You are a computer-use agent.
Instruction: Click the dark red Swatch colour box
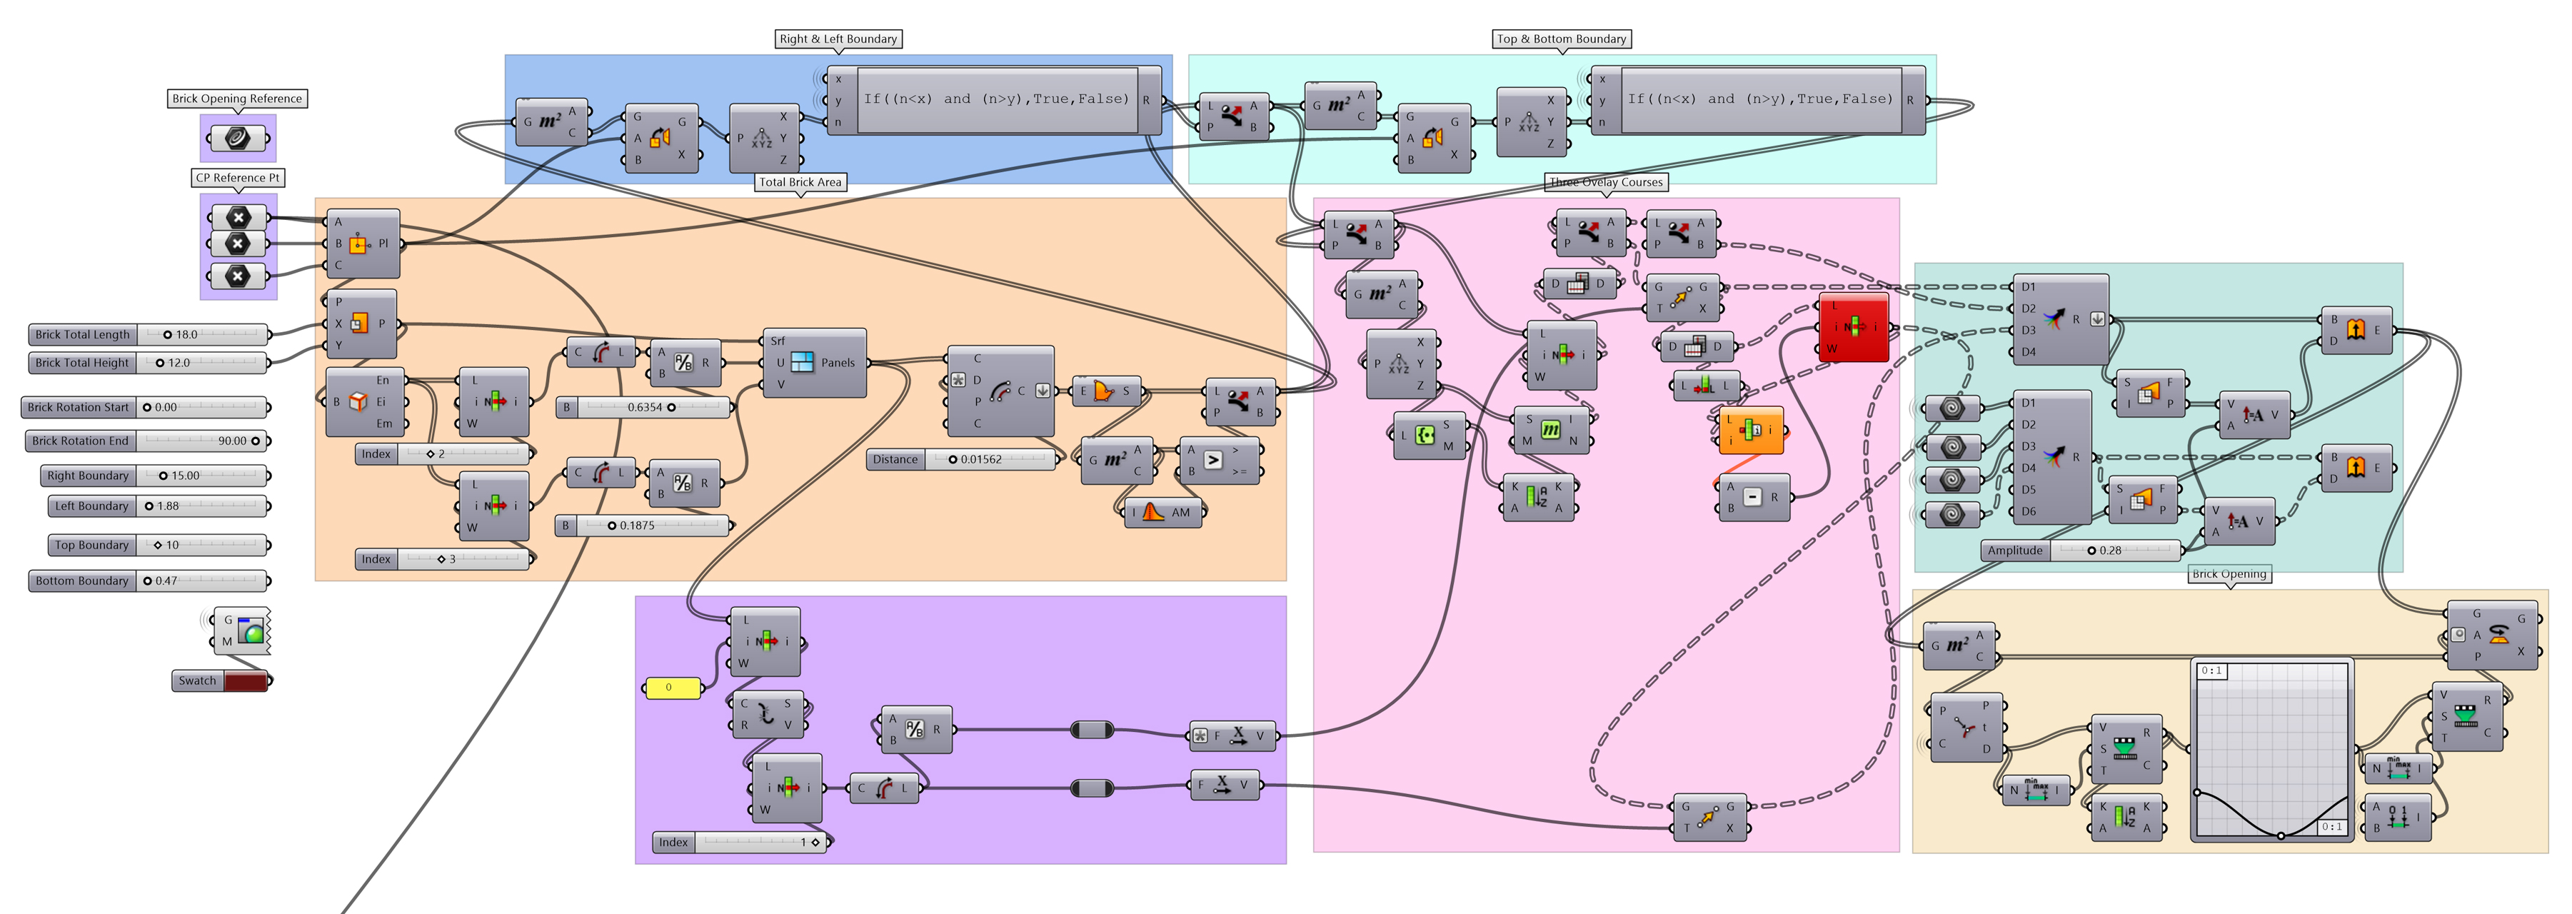point(246,681)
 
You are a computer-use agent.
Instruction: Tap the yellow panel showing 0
point(672,687)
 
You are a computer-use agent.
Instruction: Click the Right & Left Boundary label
point(838,39)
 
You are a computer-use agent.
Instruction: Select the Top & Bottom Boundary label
point(1561,39)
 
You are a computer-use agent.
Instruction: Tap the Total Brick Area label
point(800,182)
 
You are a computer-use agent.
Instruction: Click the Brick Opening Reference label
point(236,99)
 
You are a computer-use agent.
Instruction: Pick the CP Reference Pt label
point(238,178)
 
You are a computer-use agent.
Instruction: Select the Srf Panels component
point(815,363)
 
